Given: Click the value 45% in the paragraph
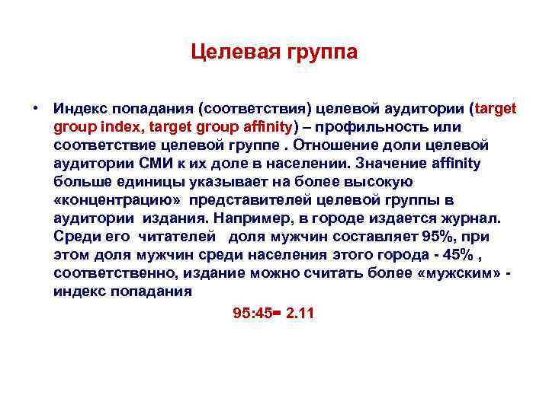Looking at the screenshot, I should pyautogui.click(x=457, y=255).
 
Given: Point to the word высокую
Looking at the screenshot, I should pyautogui.click(x=378, y=182).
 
